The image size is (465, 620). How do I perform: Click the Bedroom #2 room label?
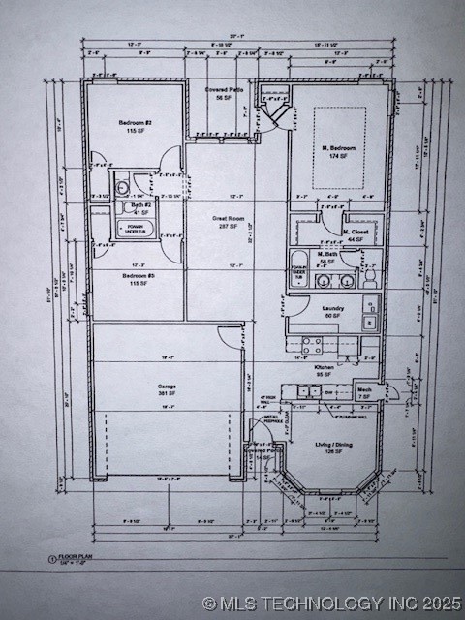click(x=136, y=123)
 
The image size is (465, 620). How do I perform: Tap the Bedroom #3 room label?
click(x=136, y=276)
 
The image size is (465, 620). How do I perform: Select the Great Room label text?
click(x=228, y=219)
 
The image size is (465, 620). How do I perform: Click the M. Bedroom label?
click(x=339, y=148)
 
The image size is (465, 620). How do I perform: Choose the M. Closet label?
click(x=356, y=232)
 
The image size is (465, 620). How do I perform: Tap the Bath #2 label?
click(x=141, y=205)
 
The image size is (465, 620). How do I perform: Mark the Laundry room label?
click(x=334, y=308)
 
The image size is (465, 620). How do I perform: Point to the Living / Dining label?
click(x=333, y=445)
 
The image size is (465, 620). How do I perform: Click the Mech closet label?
click(x=364, y=389)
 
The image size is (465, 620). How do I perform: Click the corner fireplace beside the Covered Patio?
click(x=278, y=114)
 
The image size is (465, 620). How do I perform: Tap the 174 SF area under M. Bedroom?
click(x=339, y=156)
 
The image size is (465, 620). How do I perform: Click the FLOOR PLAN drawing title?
click(x=75, y=559)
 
